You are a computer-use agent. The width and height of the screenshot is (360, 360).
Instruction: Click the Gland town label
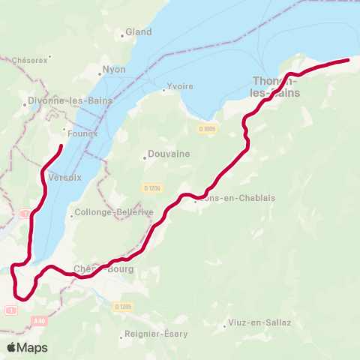[x=139, y=32]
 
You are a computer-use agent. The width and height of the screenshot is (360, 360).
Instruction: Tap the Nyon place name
[x=114, y=70]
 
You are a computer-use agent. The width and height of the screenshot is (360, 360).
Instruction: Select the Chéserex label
[x=29, y=61]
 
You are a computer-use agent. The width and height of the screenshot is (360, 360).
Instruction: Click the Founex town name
[x=82, y=133]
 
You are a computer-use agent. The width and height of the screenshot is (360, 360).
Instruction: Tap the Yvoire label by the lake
[x=180, y=86]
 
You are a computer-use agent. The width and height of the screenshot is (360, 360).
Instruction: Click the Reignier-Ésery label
[x=157, y=334]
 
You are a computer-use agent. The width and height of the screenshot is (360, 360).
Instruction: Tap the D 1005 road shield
[x=207, y=129]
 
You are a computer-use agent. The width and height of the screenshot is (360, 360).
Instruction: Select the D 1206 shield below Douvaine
[x=151, y=187]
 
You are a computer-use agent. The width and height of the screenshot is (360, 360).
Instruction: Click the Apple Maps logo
[x=27, y=347]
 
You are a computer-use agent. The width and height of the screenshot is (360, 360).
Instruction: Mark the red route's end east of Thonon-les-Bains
[x=349, y=59]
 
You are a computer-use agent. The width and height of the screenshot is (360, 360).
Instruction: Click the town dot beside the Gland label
[x=122, y=34]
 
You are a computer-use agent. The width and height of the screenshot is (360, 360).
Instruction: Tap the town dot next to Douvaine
[x=145, y=157]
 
